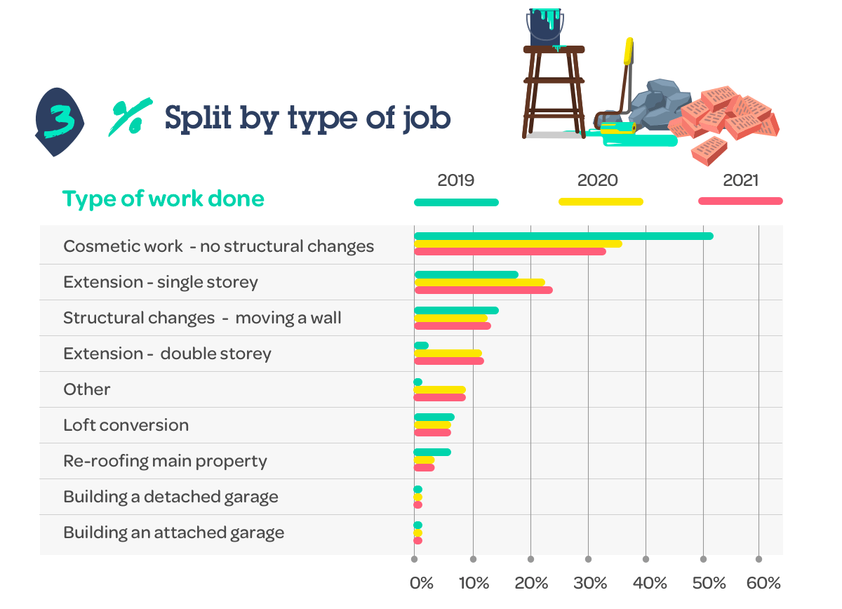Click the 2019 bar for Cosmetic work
(563, 236)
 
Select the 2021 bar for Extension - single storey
(483, 290)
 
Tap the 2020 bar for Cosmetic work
(518, 244)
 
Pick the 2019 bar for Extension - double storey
(421, 345)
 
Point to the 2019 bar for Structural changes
(456, 310)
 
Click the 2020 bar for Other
(439, 389)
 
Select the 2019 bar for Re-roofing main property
(432, 453)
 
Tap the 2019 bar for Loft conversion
(434, 417)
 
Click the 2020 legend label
(597, 180)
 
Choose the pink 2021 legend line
(740, 201)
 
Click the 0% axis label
(422, 583)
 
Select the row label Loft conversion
(126, 425)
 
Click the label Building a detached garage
(171, 497)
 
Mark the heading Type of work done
(163, 199)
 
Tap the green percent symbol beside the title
(131, 117)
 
